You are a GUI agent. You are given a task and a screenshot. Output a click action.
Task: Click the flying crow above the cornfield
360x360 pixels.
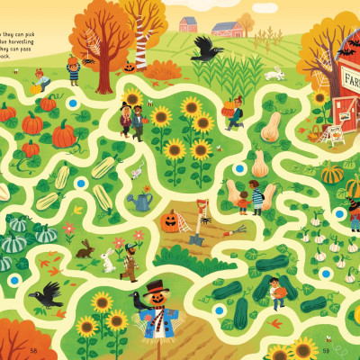click(x=208, y=49)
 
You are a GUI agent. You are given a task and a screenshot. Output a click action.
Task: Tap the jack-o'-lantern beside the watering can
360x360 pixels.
click(x=170, y=220)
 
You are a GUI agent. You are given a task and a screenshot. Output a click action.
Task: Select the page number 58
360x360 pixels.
click(x=33, y=350)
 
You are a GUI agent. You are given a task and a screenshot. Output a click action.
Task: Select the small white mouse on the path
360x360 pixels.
click(x=137, y=170)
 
